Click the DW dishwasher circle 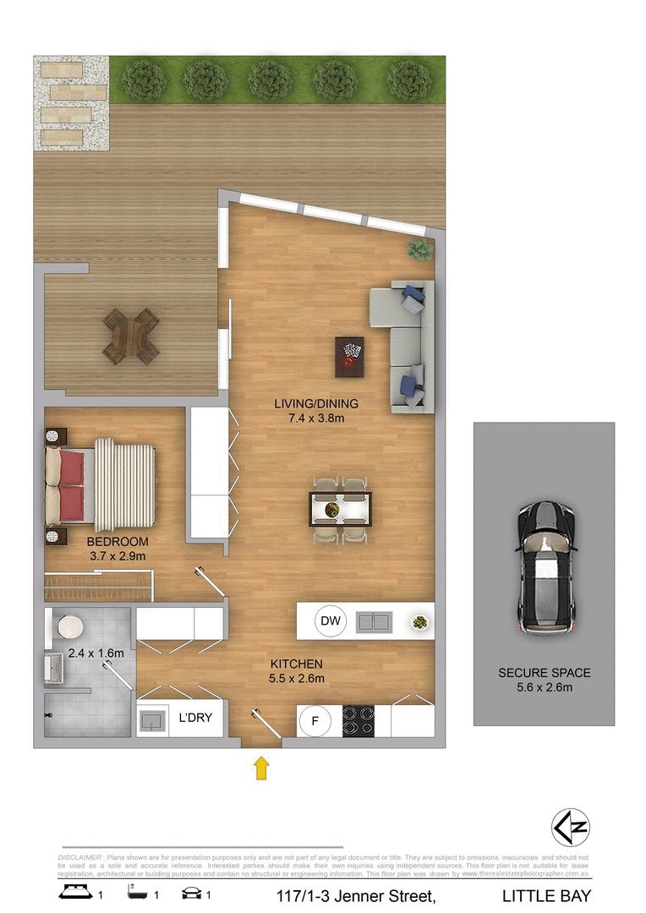pos(331,622)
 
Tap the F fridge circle pos(315,721)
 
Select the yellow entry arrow pos(262,768)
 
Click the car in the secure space pos(547,566)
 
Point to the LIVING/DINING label pos(316,403)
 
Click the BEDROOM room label pos(118,542)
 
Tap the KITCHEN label pos(296,664)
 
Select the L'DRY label pos(194,719)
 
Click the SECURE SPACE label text pos(544,673)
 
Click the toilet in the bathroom pos(67,627)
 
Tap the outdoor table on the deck pos(130,336)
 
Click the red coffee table pos(349,357)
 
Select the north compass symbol pos(570,825)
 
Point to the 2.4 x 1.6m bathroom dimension pos(96,653)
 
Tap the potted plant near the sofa pos(419,249)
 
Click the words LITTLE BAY pos(546,895)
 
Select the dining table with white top pos(339,509)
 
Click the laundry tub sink pos(152,721)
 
